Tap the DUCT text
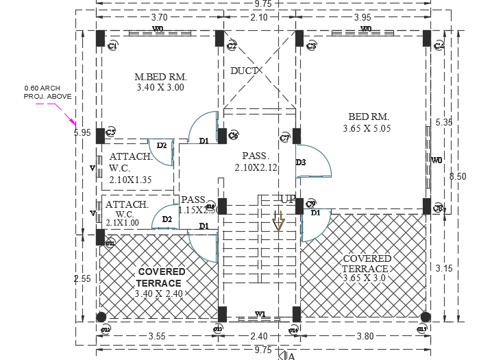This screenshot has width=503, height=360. coord(244,71)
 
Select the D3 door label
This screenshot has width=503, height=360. coord(300,163)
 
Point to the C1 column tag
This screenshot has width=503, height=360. coord(113,46)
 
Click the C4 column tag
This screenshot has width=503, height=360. coord(439,46)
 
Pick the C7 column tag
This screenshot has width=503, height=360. coord(285,138)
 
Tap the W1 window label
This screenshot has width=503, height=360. coord(260,314)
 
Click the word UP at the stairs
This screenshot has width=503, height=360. coord(287,199)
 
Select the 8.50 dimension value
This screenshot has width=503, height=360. coord(457,176)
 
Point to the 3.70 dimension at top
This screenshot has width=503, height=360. coord(159,17)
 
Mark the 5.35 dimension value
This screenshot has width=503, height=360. coord(443,122)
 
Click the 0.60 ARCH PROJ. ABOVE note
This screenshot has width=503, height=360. coord(43,93)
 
